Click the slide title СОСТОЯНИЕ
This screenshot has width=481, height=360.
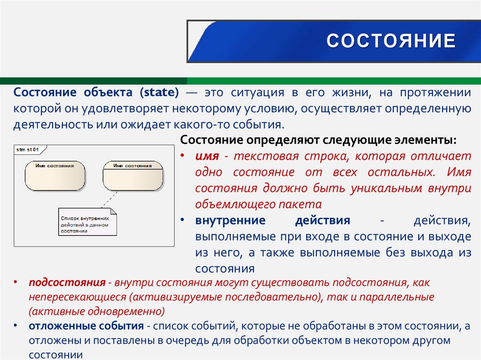pyautogui.click(x=391, y=41)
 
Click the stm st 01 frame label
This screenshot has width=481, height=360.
pyautogui.click(x=27, y=150)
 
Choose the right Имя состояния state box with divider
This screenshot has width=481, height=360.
pyautogui.click(x=132, y=176)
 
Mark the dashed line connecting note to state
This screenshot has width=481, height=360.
pyautogui.click(x=110, y=199)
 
